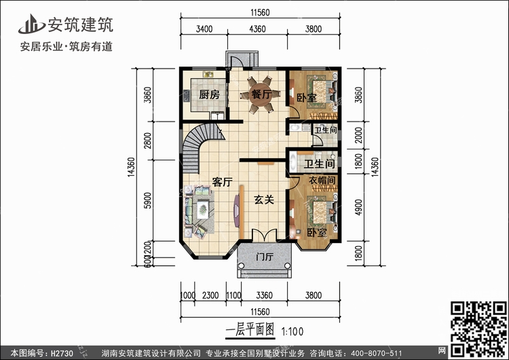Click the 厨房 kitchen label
pos(209,94)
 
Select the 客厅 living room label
pos(223,182)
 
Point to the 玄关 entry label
pos(264,200)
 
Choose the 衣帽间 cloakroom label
pos(322,181)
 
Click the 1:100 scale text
pos(292,333)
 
